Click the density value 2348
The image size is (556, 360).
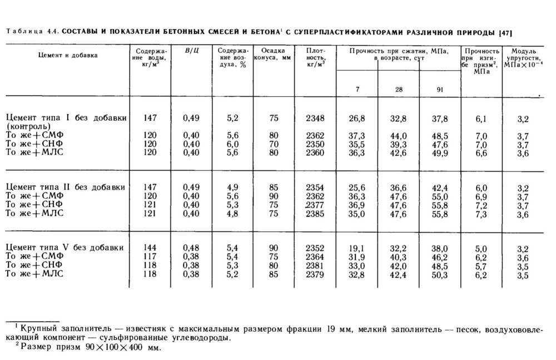click(315, 119)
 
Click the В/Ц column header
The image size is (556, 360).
click(192, 52)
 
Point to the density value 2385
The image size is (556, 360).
click(315, 213)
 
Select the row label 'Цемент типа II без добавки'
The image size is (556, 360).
click(64, 188)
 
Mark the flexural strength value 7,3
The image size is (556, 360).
click(481, 213)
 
